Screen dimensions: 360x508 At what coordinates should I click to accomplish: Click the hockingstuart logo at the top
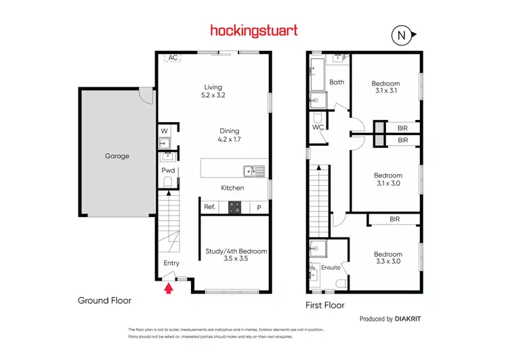[253, 31]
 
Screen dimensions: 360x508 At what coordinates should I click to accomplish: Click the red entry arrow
[169, 289]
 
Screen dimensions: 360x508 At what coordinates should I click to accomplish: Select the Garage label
[117, 156]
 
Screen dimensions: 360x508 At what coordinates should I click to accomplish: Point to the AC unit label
[173, 58]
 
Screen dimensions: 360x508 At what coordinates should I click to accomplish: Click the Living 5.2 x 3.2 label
[214, 91]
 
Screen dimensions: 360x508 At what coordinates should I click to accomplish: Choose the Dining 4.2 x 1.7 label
[230, 135]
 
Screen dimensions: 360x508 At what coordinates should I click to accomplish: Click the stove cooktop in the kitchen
[235, 207]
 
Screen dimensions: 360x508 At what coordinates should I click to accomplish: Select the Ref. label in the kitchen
[210, 207]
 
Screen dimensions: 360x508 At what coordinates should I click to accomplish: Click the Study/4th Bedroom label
[236, 255]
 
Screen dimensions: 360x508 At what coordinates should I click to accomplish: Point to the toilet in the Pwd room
[168, 181]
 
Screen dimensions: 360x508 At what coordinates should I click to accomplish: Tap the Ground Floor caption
[104, 300]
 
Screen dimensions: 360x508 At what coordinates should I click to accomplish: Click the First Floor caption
[324, 306]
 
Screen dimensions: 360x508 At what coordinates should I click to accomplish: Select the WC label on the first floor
[317, 127]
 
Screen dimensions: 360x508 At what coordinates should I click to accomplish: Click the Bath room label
[337, 82]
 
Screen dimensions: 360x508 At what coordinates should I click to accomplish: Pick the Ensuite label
[331, 267]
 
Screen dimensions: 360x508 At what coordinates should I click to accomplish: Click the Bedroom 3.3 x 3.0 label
[388, 258]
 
